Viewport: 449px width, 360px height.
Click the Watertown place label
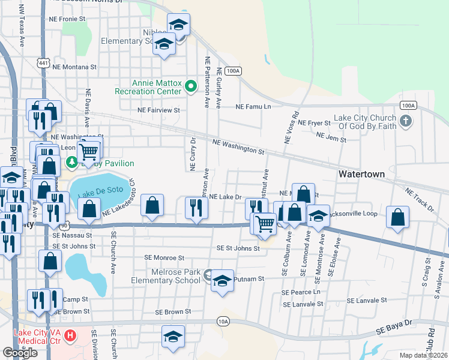coord(361,173)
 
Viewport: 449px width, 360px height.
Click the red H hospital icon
coord(70,334)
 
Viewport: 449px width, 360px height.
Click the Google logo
coord(20,353)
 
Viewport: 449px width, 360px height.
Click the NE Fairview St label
coord(158,110)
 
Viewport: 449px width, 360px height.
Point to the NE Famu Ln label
coord(253,106)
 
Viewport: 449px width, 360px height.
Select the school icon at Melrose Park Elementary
coord(222,281)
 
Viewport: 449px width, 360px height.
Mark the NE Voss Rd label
coord(291,127)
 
